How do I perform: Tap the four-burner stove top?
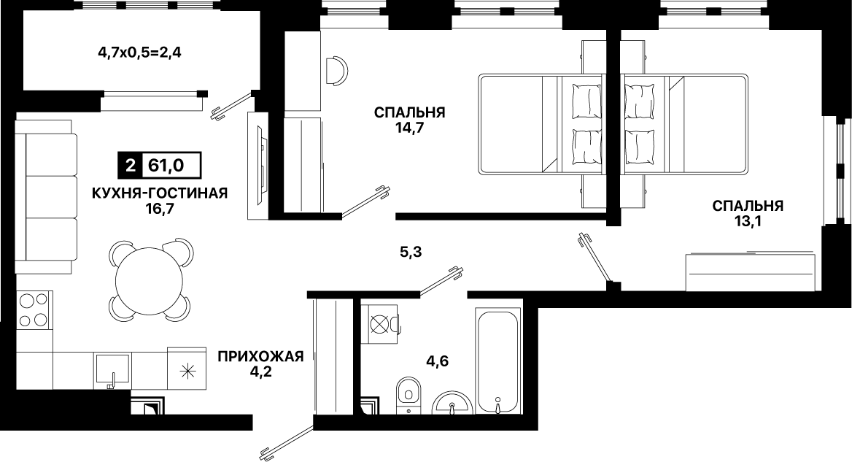pyautogui.click(x=34, y=308)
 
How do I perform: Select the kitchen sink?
pyautogui.click(x=113, y=371)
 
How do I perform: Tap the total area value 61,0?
pyautogui.click(x=166, y=165)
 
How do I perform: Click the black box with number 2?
pyautogui.click(x=130, y=165)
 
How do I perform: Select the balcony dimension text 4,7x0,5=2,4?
pyautogui.click(x=139, y=53)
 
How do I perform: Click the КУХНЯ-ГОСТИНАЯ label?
pyautogui.click(x=160, y=193)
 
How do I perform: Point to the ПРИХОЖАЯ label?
pyautogui.click(x=260, y=357)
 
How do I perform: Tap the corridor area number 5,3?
pyautogui.click(x=410, y=253)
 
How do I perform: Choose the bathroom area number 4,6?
pyautogui.click(x=437, y=361)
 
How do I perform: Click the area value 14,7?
pyautogui.click(x=410, y=128)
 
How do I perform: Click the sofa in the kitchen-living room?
pyautogui.click(x=47, y=197)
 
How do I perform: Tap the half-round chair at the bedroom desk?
pyautogui.click(x=337, y=71)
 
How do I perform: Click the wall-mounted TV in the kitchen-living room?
pyautogui.click(x=262, y=165)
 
